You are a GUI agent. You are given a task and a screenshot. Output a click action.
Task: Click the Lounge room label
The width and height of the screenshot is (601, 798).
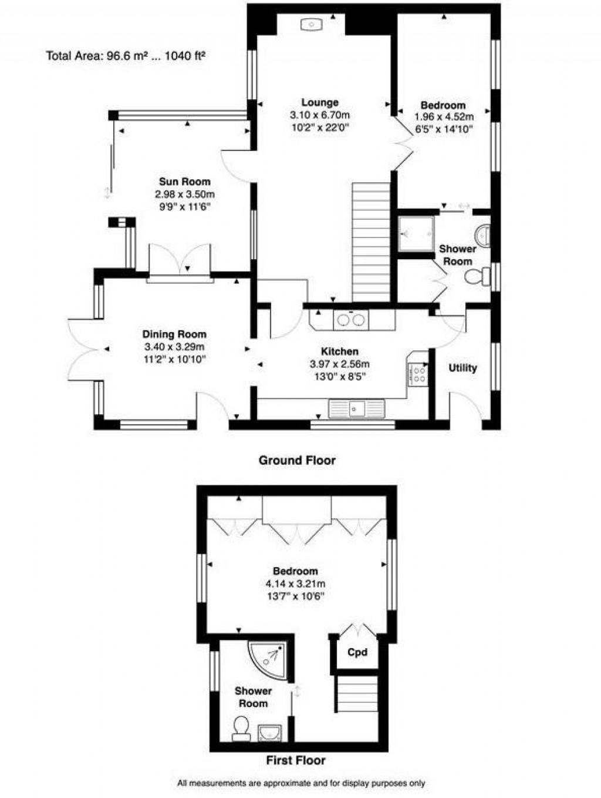coord(320,102)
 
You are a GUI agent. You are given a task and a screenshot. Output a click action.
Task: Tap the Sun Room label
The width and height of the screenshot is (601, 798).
coord(184,182)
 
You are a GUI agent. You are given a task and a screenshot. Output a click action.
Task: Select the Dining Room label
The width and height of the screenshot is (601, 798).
coord(175,334)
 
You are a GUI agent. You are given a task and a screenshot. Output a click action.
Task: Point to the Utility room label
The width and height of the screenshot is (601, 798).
coord(462,368)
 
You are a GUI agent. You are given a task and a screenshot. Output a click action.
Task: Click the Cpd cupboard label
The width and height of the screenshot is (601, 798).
coord(357,652)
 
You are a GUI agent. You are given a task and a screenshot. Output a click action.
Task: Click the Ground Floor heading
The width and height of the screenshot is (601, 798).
coord(297,460)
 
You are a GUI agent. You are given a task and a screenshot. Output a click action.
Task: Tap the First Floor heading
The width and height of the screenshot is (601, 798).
coord(296,760)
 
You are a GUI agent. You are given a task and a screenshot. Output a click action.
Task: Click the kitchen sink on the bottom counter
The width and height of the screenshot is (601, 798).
coord(356,408)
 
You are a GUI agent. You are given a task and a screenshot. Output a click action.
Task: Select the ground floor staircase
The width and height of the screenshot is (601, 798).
coord(371,241)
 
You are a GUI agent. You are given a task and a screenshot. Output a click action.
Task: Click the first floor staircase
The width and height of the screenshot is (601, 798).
coord(356,694)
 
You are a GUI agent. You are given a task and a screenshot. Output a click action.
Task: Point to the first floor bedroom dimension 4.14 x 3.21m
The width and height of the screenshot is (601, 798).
coord(295,584)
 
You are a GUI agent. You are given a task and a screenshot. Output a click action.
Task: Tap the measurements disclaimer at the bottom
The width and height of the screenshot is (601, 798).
coord(301,783)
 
